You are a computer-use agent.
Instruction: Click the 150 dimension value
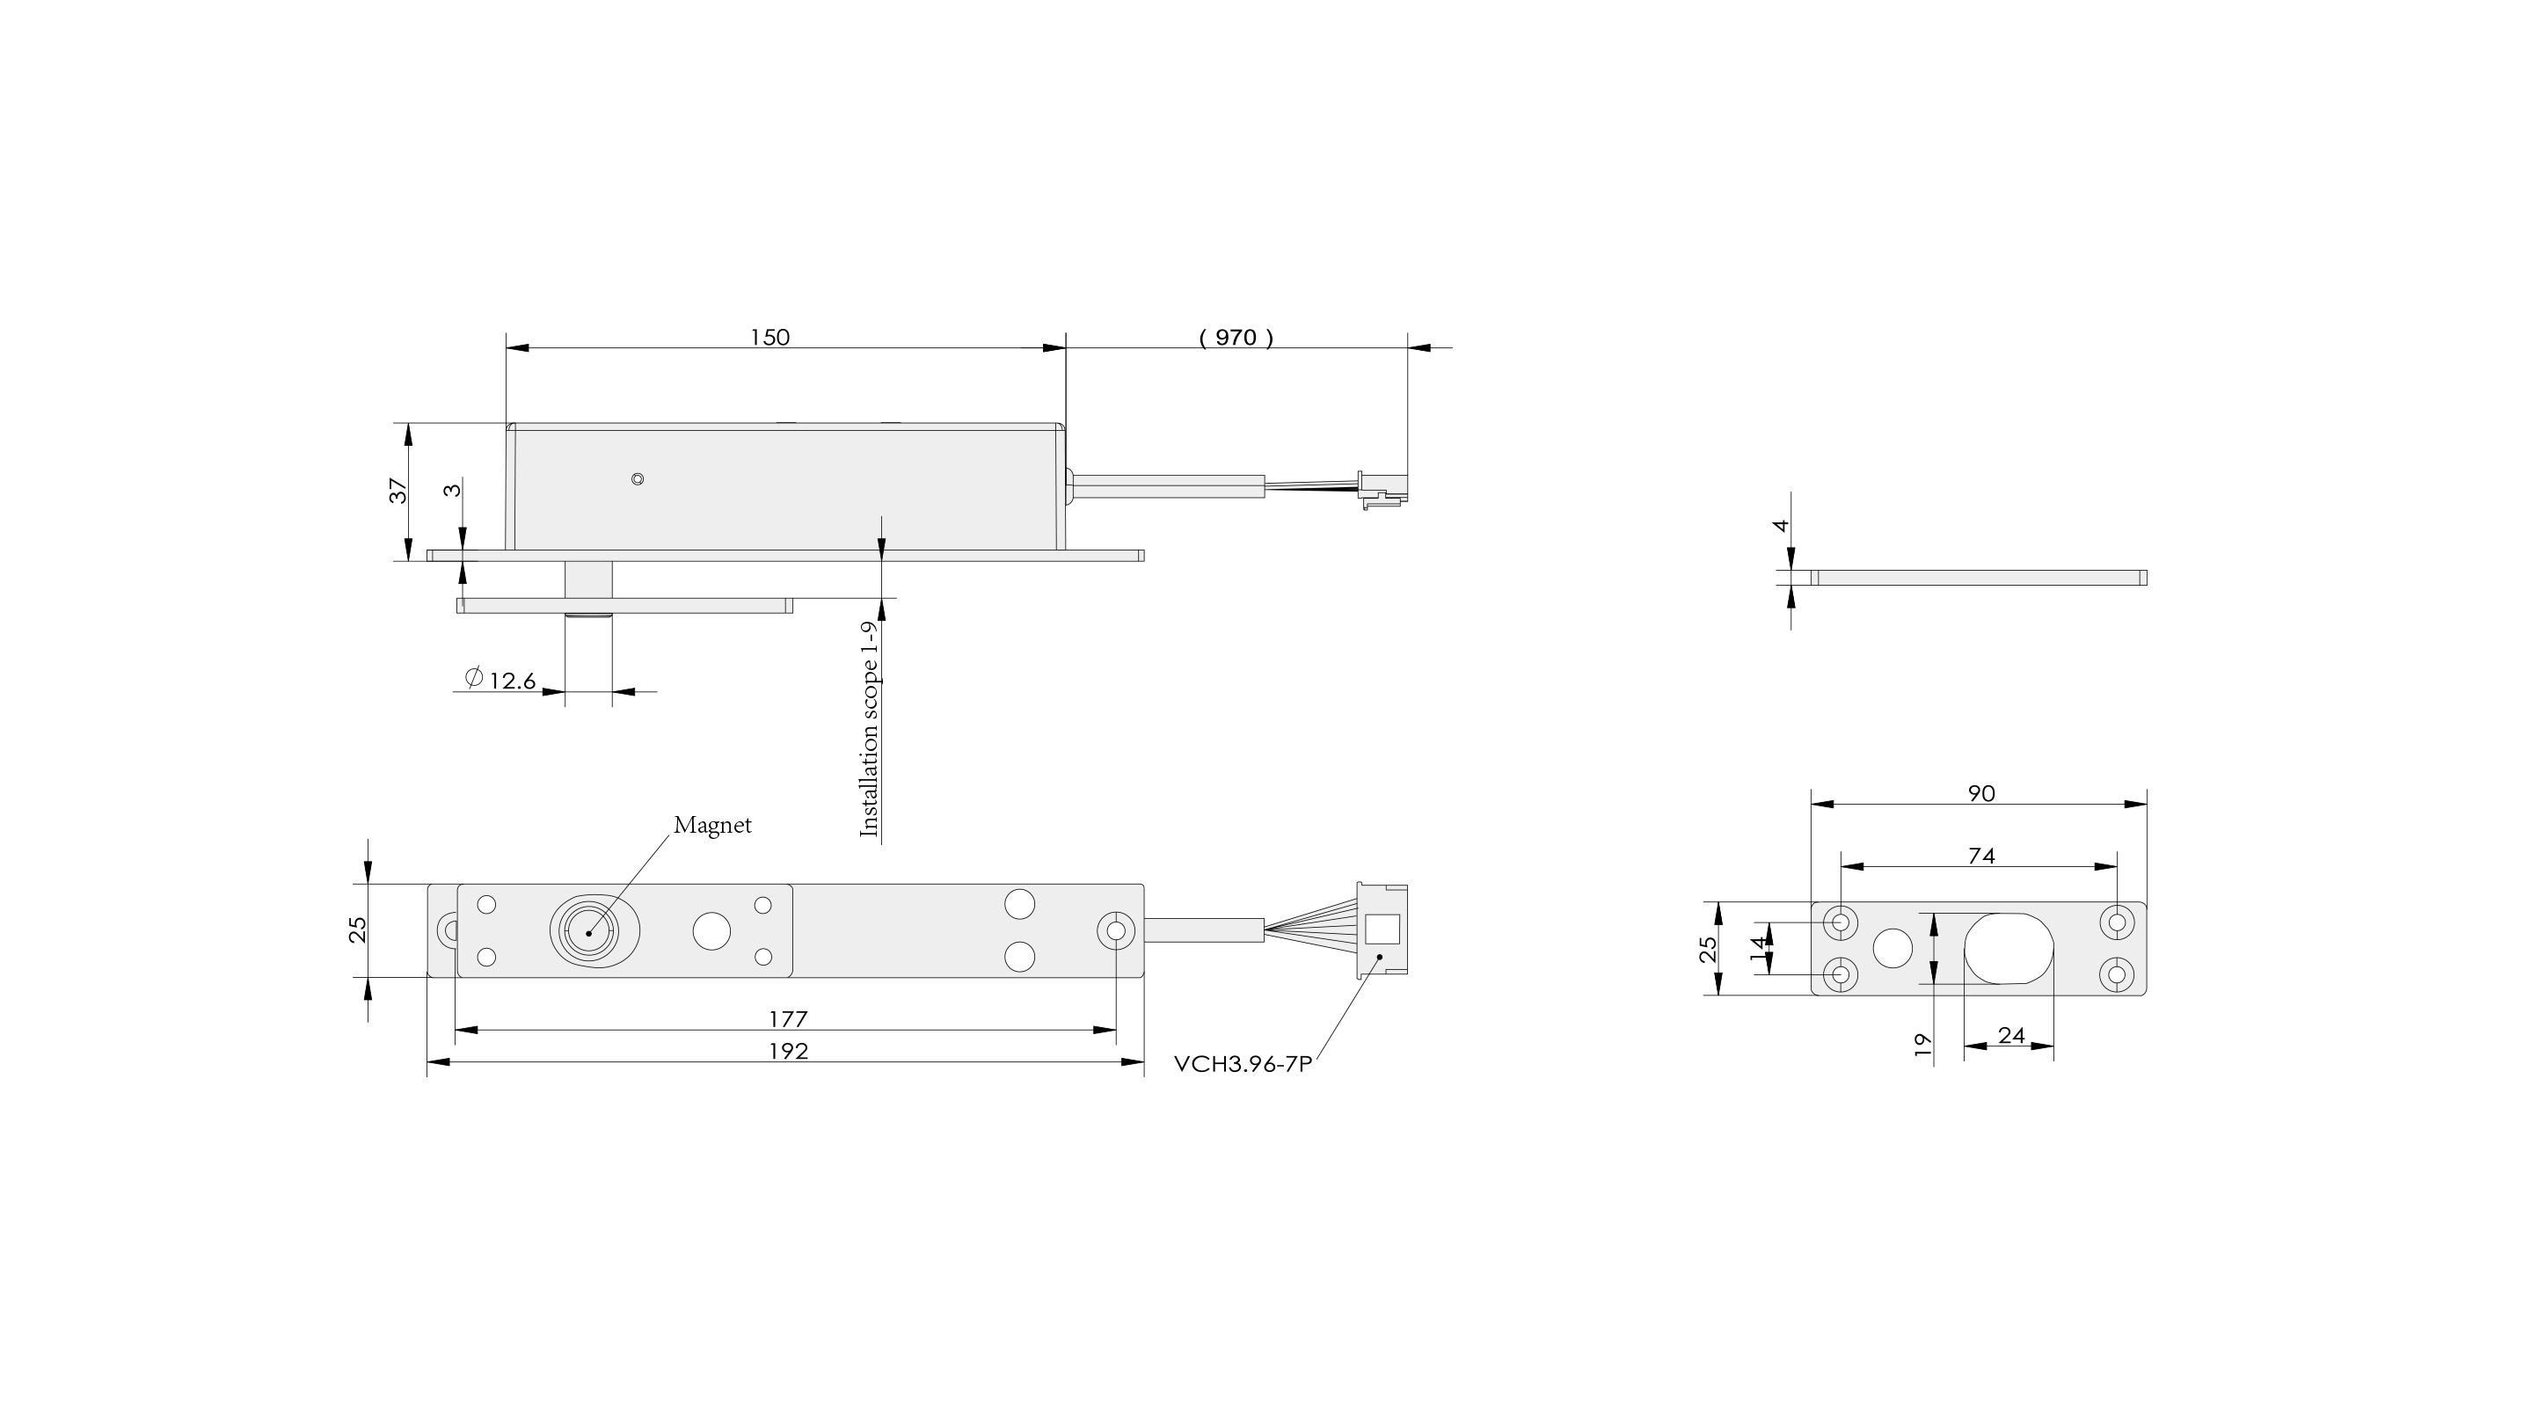tap(769, 337)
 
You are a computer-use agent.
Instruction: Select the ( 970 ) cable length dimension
tap(1236, 337)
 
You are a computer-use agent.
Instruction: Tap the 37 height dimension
tap(398, 491)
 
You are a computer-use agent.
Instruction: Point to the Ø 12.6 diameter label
tap(500, 679)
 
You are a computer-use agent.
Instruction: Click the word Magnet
tap(712, 825)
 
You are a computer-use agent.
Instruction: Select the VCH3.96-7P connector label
tap(1243, 1065)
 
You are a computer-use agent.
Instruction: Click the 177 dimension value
tap(788, 1019)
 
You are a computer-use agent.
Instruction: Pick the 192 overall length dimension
tap(788, 1052)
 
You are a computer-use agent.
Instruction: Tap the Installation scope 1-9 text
tap(869, 728)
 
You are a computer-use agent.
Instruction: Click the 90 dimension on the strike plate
tap(1981, 793)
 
